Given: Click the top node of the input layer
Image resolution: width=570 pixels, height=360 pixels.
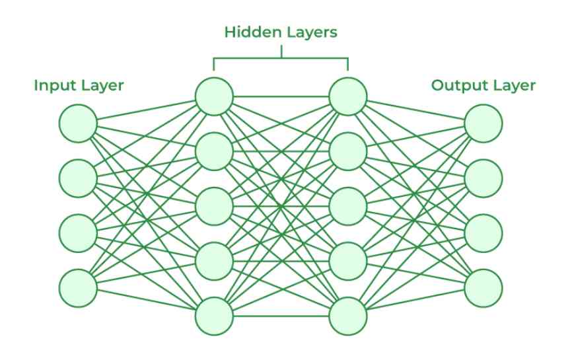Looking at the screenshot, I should pos(78,124).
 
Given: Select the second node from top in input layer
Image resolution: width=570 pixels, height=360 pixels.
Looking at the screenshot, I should pos(78,178).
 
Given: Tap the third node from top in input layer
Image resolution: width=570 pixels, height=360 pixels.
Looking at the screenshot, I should pos(78,233).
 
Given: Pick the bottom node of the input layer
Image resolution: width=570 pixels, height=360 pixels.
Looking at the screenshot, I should pos(78,288).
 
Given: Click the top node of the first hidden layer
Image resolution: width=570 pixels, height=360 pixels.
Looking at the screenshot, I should pos(214,96).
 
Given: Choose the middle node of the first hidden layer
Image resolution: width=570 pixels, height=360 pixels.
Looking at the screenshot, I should pos(214,206).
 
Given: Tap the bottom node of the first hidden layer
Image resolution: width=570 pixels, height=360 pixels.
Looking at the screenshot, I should pos(214,316).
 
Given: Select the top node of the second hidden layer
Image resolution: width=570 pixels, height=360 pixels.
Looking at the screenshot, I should pos(347,96).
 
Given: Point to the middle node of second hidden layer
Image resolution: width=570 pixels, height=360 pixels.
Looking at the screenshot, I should pos(347,206).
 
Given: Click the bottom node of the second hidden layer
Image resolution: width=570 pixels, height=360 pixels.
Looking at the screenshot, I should pos(347,316).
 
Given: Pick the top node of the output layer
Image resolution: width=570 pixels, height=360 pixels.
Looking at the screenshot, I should pos(483,124).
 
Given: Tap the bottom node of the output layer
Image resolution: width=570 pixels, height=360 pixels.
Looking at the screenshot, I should pos(483,288).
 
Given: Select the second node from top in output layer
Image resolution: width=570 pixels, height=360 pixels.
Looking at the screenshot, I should pos(483,178).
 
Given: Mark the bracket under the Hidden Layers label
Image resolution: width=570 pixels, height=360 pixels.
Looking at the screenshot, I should pos(281,58).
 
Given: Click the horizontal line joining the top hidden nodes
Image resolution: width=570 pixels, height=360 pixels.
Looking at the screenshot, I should pos(281,96).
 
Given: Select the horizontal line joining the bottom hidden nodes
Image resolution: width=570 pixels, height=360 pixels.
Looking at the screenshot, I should pos(281,316).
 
